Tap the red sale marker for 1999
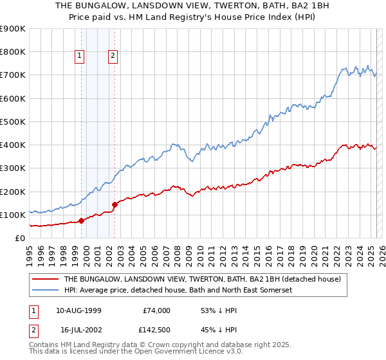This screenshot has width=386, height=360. [x=82, y=221]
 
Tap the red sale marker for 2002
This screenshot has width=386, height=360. [x=115, y=204]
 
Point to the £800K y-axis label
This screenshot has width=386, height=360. [x=13, y=52]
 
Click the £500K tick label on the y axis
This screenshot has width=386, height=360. [x=13, y=122]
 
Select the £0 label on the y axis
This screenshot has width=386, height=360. [x=19, y=238]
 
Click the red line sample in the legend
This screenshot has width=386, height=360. [x=45, y=279]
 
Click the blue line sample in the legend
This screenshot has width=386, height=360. [x=45, y=291]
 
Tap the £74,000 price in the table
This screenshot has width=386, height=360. [x=157, y=310]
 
